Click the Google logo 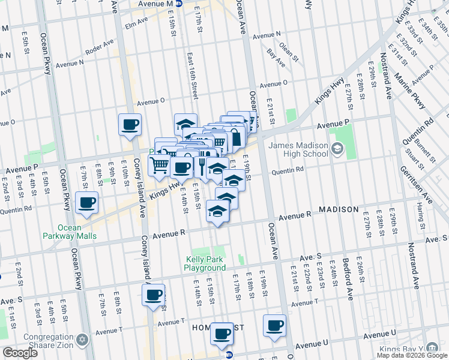pos(20,353)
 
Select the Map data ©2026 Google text pos(412,355)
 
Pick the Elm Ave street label pos(136,23)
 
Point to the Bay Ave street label pos(276,57)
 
